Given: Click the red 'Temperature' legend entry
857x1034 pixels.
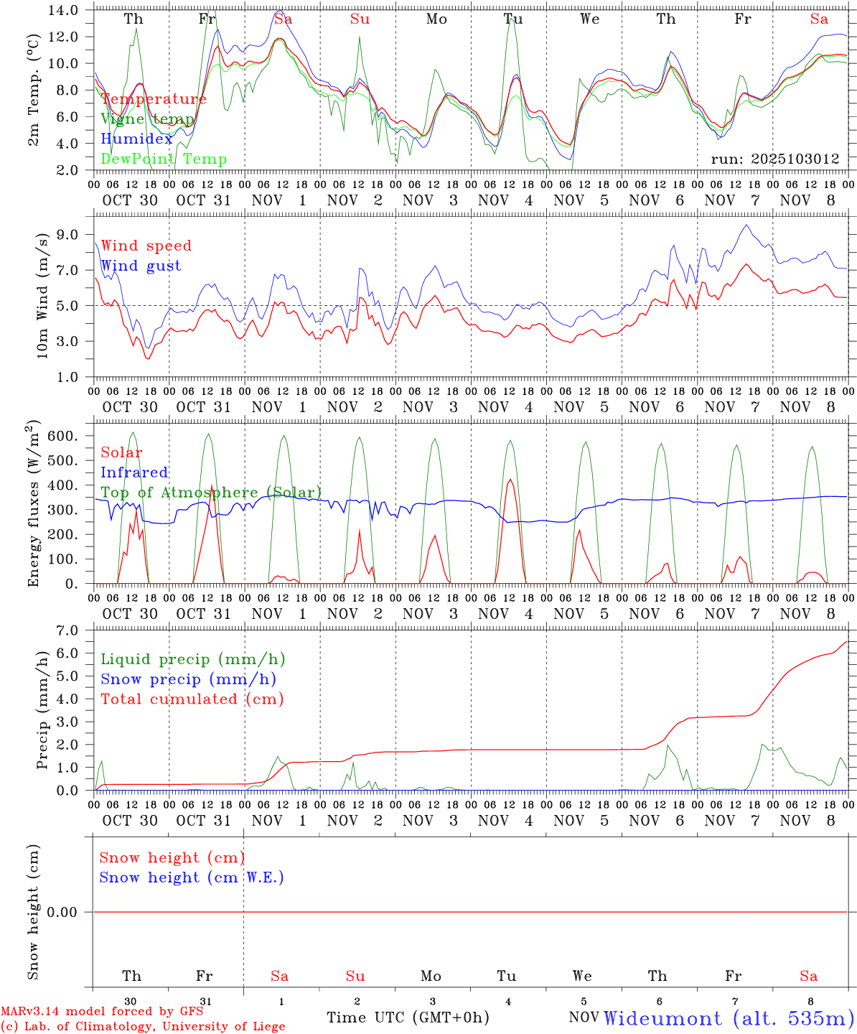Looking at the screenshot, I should pos(154,99).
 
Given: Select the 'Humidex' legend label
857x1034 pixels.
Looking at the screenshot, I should pos(136,139).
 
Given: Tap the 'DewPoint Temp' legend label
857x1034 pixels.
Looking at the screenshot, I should pos(164,159).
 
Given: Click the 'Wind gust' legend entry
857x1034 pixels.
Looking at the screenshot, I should pos(141,266).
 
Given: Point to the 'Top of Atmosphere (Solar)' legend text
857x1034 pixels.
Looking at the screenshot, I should pos(211,493).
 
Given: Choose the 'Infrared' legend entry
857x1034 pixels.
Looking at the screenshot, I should pos(134,472).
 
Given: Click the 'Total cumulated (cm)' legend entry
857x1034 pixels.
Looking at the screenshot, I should pos(192,699).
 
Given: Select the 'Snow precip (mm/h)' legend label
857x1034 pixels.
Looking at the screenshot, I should pos(188,679).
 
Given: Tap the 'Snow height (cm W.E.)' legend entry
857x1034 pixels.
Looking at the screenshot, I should pos(192,877).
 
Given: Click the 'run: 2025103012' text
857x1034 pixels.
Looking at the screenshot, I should pos(775,159).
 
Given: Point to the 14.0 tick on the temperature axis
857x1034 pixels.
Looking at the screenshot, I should pos(65,10).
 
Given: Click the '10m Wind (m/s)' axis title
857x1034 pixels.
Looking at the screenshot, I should pos(42,295).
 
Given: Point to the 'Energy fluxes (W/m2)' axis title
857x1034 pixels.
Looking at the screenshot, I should pos(34,505).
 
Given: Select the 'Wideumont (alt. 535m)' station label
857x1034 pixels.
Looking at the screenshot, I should pos(729,1018).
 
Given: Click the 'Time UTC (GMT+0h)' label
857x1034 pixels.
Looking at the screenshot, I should pos(408,1017).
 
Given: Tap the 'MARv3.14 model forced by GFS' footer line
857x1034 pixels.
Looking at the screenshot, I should pos(102,1012).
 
